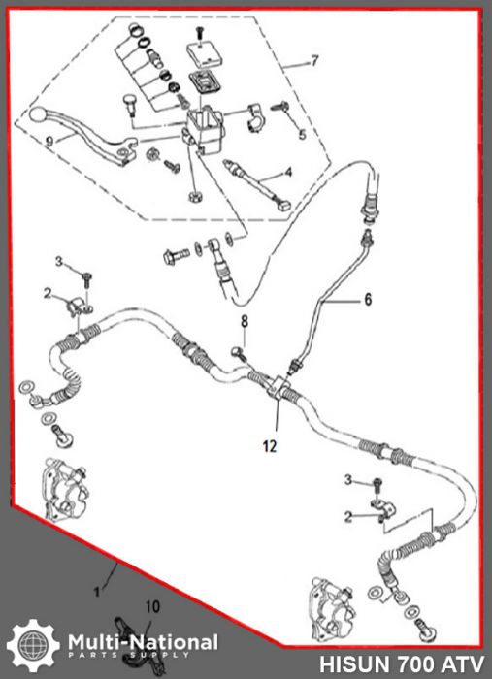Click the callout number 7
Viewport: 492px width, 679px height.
[313, 61]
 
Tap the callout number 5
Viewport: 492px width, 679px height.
[302, 134]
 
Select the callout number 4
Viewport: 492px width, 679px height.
[288, 175]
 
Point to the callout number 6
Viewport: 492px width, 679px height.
[368, 301]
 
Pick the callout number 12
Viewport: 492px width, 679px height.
[269, 446]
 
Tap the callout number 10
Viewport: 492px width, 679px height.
[150, 607]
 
